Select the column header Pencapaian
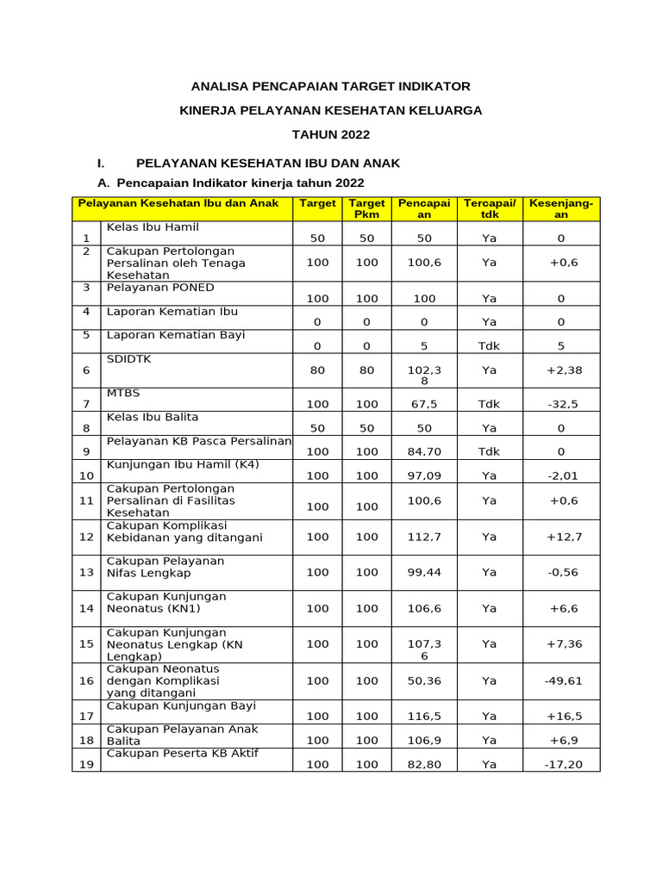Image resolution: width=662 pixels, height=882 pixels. click(x=424, y=209)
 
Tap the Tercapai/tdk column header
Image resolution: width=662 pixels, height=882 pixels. click(x=490, y=209)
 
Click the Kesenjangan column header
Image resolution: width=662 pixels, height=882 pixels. click(x=560, y=209)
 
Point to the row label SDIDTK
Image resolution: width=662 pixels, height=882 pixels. click(x=128, y=358)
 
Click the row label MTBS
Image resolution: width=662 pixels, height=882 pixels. click(x=122, y=393)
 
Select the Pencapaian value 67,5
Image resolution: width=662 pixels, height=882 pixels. click(x=423, y=404)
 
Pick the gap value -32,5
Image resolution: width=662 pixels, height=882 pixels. click(x=561, y=404)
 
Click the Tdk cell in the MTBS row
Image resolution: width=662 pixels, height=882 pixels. click(x=490, y=404)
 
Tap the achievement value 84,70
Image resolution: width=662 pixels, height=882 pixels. click(x=423, y=451)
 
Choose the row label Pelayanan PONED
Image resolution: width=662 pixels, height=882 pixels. click(x=160, y=288)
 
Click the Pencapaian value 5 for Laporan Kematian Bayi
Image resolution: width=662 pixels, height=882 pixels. click(x=424, y=346)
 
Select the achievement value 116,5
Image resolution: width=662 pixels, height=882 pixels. click(x=423, y=716)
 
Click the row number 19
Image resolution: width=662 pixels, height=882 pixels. click(x=86, y=764)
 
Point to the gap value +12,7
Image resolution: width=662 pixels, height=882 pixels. click(x=564, y=537)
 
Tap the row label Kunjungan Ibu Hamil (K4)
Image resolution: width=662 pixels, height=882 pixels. click(x=182, y=465)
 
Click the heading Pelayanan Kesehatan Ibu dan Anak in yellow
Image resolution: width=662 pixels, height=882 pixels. click(x=178, y=203)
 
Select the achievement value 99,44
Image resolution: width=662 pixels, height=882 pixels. click(x=423, y=572)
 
